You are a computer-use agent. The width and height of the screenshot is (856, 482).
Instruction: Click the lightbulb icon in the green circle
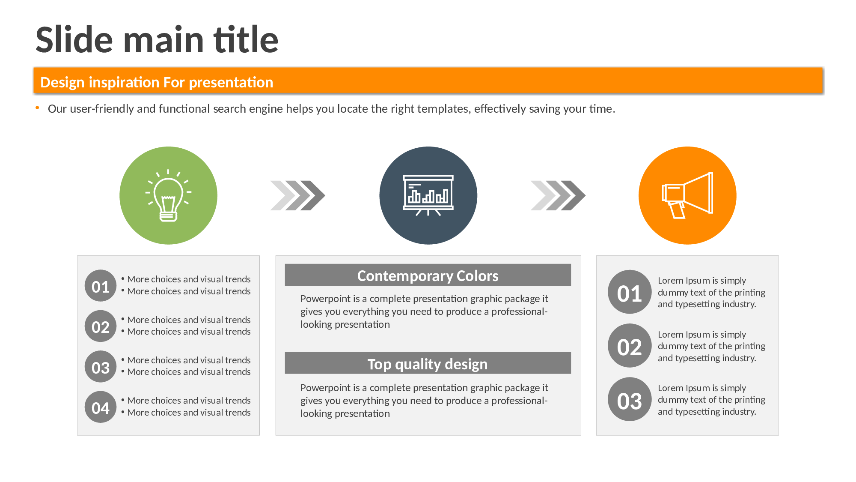click(168, 195)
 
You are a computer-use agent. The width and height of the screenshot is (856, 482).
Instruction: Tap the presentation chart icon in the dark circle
click(428, 195)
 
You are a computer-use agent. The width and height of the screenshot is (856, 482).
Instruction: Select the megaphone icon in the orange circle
click(687, 195)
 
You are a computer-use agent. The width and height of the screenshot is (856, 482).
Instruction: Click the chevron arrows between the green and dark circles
click(298, 195)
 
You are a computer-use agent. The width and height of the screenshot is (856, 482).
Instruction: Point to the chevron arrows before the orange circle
click(558, 195)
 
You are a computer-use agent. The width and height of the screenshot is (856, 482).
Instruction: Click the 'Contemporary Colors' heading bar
click(428, 275)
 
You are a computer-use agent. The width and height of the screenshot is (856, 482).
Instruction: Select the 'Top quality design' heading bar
click(428, 363)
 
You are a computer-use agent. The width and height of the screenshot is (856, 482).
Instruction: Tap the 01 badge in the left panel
click(101, 286)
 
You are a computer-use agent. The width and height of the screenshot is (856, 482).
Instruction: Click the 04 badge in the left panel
click(101, 407)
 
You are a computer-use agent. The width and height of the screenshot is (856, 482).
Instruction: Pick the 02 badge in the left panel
click(101, 326)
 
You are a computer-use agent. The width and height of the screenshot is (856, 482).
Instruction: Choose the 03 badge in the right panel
click(630, 399)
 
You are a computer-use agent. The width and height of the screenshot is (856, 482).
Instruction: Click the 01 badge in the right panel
click(630, 292)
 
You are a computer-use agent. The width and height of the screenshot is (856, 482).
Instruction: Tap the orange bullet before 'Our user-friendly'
click(37, 108)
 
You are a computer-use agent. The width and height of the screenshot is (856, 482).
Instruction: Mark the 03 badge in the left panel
click(101, 367)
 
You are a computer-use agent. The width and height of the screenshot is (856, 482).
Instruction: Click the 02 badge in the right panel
click(630, 346)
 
